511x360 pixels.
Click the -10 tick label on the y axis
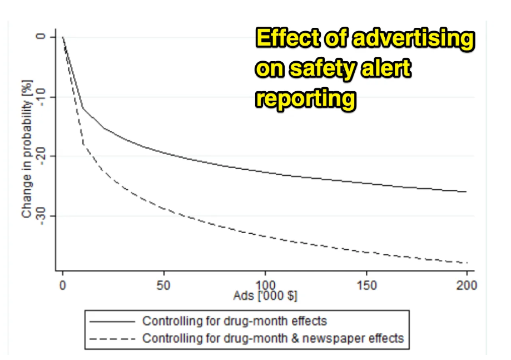[x=39, y=97]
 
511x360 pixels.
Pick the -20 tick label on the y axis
[x=39, y=156]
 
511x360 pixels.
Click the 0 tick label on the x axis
[x=63, y=285]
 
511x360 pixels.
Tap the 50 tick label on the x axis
[x=163, y=285]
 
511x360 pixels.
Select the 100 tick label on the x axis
[x=265, y=285]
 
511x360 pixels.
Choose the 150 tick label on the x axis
[x=366, y=285]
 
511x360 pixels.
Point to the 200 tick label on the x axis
[x=467, y=285]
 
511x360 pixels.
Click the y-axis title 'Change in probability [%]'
[x=27, y=149]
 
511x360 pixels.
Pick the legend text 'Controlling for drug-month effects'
[x=235, y=321]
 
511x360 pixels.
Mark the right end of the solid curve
[x=466, y=191]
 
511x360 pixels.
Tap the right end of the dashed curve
[x=466, y=263]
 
